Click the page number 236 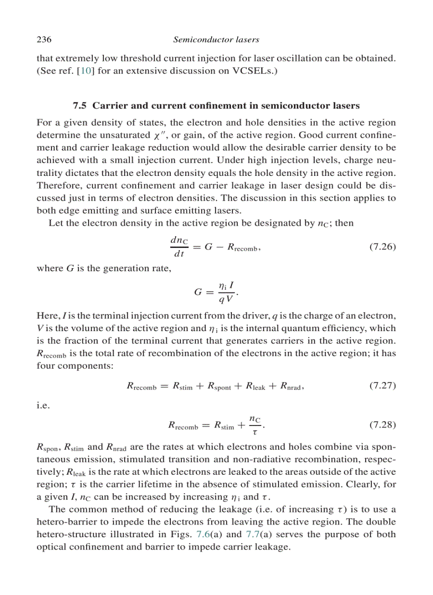click(43, 39)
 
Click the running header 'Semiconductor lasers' click(216, 39)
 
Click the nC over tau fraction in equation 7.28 click(255, 425)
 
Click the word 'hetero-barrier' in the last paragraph click(63, 522)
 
